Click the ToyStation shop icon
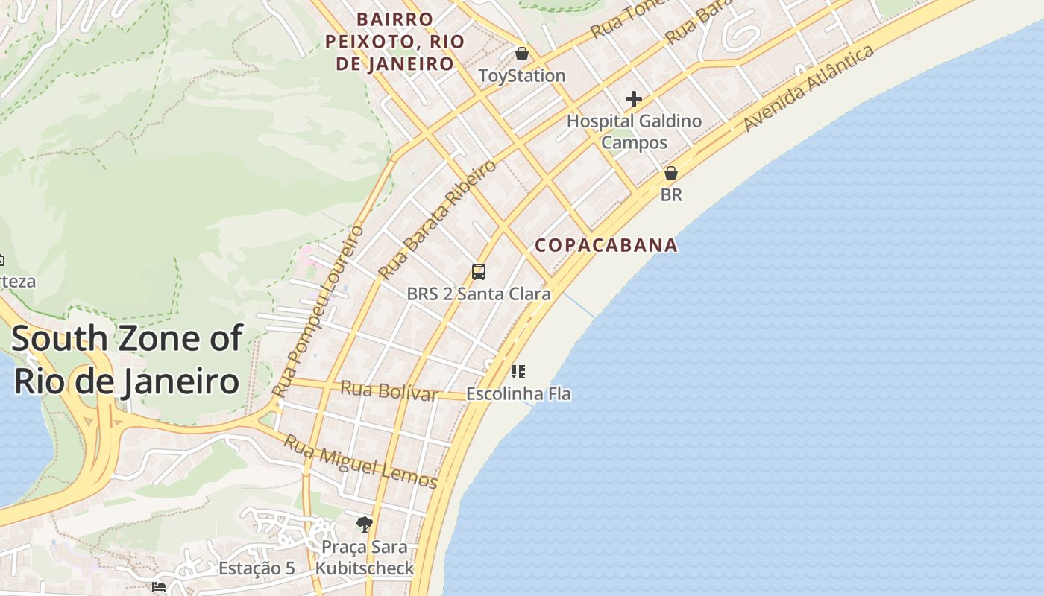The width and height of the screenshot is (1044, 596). point(522,54)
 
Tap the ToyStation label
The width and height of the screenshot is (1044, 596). point(522,76)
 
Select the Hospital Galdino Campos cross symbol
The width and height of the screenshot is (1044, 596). point(634,98)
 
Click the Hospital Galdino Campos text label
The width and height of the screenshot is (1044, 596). point(635,131)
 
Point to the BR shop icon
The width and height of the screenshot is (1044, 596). point(671,173)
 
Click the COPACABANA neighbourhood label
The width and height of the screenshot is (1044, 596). point(606,245)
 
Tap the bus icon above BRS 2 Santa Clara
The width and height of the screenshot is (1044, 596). point(479,272)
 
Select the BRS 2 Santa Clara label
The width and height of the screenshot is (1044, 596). point(479,294)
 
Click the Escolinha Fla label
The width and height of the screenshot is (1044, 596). point(518,393)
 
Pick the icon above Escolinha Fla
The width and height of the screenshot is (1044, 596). point(518,371)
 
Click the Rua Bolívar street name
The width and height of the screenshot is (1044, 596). point(389,390)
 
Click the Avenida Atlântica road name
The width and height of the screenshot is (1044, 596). point(808,89)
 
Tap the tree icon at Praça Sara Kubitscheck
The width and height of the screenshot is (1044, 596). point(364,524)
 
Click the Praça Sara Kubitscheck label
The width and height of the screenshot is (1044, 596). point(364,557)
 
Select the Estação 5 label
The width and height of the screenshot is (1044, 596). point(257,568)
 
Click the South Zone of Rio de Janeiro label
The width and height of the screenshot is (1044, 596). point(127,360)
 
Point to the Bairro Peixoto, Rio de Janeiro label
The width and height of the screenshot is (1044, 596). point(394,42)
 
